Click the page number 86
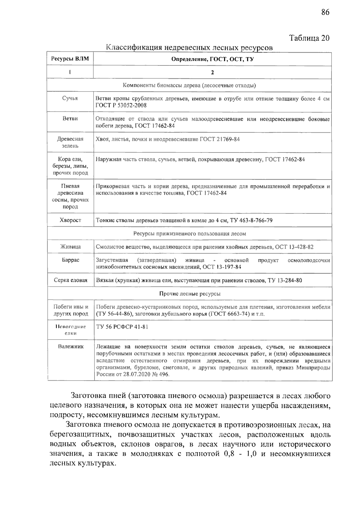(325, 12)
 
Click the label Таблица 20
(309, 38)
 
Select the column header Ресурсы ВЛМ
(70, 59)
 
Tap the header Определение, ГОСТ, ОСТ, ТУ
(212, 59)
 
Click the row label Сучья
(70, 98)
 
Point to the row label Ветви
(70, 119)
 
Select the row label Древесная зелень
(70, 142)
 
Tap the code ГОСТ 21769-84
(220, 139)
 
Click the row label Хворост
(70, 220)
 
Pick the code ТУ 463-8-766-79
(251, 221)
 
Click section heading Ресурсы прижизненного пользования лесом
(190, 234)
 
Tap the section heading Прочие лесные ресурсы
(190, 294)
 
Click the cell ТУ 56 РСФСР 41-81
(122, 327)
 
